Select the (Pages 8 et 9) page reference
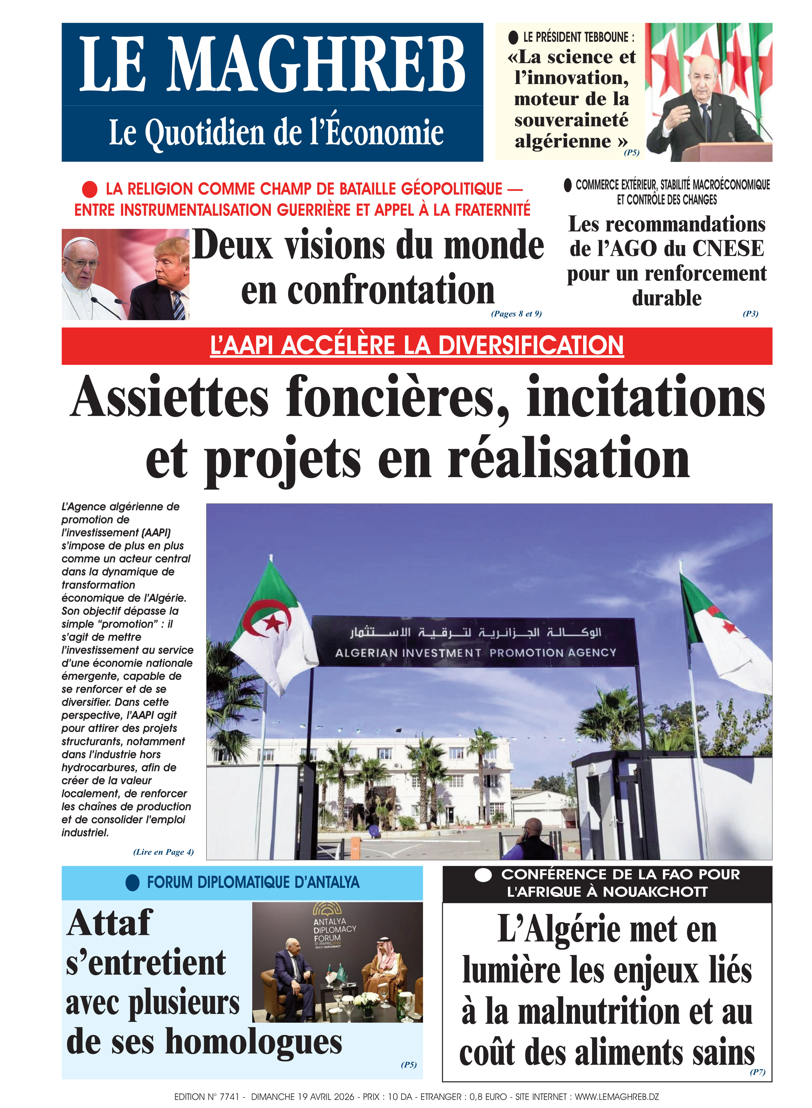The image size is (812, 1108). click(516, 314)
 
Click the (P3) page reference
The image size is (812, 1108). click(750, 314)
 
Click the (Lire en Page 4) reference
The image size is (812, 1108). click(163, 852)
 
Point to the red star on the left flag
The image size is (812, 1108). click(273, 623)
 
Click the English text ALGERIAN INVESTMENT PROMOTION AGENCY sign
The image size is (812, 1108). click(475, 653)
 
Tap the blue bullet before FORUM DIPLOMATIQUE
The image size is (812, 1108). click(133, 882)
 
